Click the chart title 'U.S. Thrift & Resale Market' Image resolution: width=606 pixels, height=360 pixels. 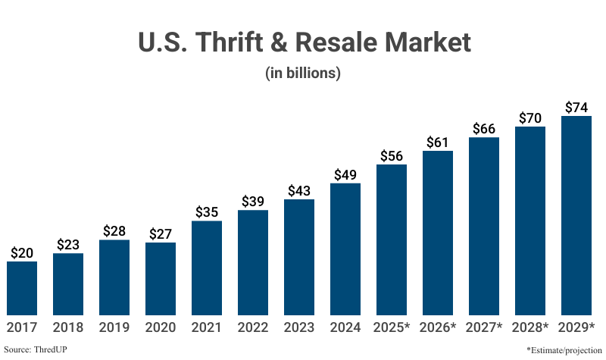[x=303, y=42]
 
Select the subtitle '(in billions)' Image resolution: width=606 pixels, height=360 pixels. [x=303, y=74]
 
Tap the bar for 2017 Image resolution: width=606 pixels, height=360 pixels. [x=22, y=287]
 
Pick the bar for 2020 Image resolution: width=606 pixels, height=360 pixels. [x=161, y=278]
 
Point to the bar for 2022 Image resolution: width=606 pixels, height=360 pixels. [x=253, y=261]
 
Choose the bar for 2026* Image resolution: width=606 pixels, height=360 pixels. [x=438, y=232]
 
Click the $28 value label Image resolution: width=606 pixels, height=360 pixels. [x=114, y=231]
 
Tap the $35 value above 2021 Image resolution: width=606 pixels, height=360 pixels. [x=207, y=212]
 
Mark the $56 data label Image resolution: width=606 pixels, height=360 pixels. [x=392, y=155]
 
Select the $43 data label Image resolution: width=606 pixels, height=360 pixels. [x=299, y=191]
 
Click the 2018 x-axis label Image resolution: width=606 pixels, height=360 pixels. [x=68, y=327]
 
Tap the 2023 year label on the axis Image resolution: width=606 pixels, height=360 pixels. [x=299, y=327]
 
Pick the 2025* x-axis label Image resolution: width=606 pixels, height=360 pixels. [x=392, y=327]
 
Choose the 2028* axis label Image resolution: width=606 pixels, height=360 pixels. [x=530, y=327]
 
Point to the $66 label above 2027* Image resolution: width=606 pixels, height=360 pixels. [x=484, y=128]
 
